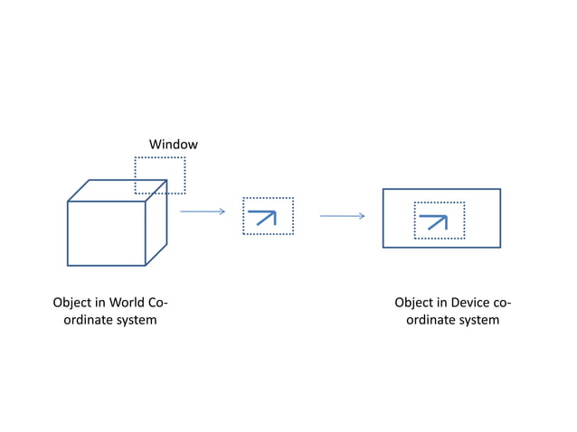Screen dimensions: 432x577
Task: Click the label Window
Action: [173, 145]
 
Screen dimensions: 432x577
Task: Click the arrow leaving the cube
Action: [203, 212]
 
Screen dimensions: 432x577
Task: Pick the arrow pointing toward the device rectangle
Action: [342, 216]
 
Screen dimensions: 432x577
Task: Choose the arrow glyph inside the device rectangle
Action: [434, 221]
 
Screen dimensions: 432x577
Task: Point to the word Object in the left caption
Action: [72, 303]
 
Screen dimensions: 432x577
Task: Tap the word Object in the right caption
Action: [414, 303]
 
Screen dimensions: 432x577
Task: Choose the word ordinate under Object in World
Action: [86, 320]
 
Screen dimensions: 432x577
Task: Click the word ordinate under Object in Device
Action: [428, 320]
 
